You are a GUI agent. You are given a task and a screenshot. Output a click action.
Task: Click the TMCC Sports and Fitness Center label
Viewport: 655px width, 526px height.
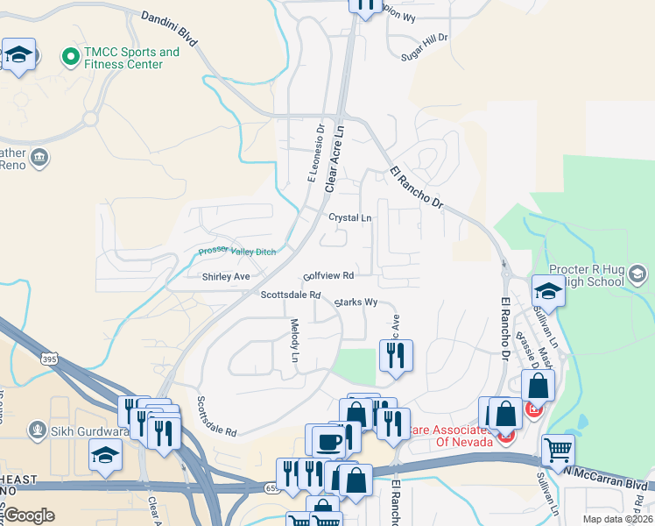tap(131, 58)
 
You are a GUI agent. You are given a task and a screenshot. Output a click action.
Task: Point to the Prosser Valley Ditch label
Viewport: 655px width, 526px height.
tap(236, 252)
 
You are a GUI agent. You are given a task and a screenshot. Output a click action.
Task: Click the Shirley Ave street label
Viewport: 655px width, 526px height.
tap(226, 276)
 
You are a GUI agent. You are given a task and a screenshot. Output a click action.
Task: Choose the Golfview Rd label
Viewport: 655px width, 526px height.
tap(328, 275)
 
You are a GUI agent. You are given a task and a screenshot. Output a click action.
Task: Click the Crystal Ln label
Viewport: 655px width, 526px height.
tap(349, 217)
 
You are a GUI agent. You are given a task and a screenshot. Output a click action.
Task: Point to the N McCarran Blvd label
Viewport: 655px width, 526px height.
tap(609, 483)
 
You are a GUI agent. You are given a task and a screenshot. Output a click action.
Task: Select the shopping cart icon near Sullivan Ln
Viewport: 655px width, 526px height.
tap(558, 450)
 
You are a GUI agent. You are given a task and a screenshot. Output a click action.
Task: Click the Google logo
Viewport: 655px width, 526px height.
tap(29, 515)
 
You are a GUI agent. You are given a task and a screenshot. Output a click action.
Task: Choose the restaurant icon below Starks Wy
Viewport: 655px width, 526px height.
tap(395, 355)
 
